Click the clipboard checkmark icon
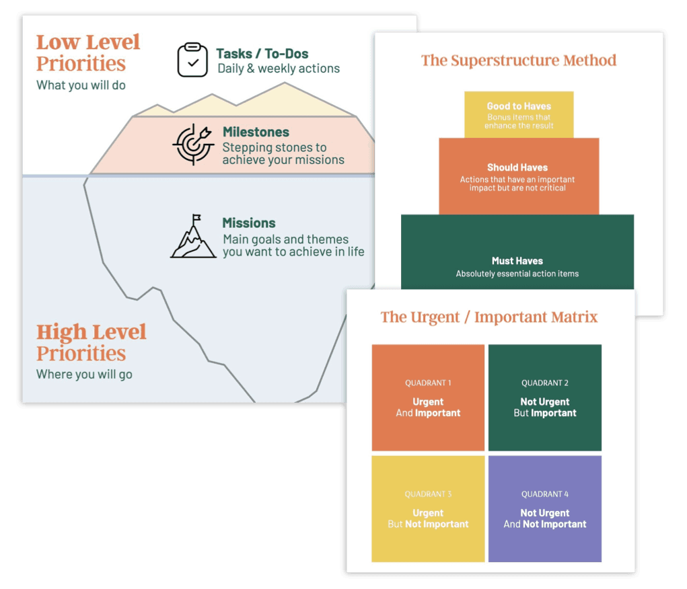tap(192, 60)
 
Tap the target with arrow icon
tap(193, 144)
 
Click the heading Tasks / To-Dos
tap(262, 54)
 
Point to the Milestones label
tap(256, 132)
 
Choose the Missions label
tap(249, 223)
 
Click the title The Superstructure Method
tap(519, 61)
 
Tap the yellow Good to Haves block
tap(519, 115)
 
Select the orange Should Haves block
tap(518, 176)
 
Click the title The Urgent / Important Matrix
tap(489, 317)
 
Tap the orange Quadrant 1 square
tap(428, 397)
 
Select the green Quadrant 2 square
tap(545, 397)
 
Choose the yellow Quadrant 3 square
tap(428, 509)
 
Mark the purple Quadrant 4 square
tap(545, 509)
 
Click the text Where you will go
tap(84, 375)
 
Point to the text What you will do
tap(81, 85)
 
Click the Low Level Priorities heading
tap(88, 52)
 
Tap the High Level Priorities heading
tap(91, 342)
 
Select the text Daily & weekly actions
tap(279, 69)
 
